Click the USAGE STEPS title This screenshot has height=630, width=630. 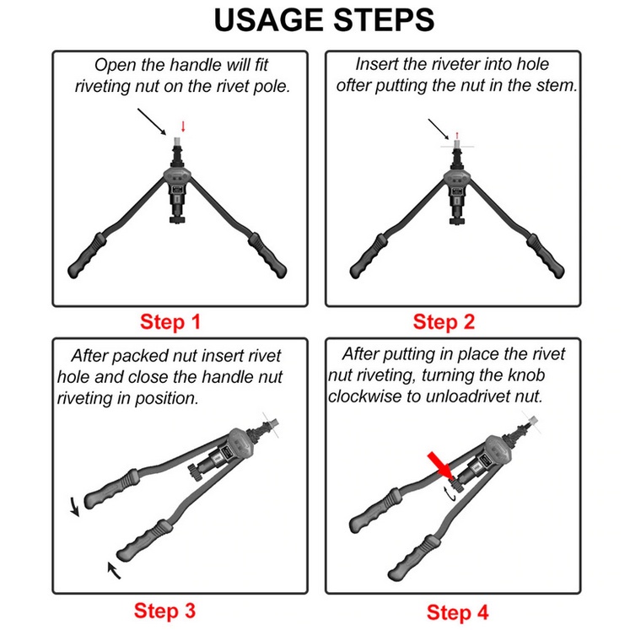[324, 19]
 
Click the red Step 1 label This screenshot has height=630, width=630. [170, 322]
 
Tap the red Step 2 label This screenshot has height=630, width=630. [444, 322]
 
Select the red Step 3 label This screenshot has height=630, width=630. [164, 611]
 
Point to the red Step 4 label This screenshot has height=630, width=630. [458, 612]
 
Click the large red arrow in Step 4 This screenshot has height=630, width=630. [440, 466]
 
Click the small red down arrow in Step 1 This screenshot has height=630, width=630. [183, 127]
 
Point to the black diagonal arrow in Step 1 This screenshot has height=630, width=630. [152, 121]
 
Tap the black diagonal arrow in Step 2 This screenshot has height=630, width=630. [440, 129]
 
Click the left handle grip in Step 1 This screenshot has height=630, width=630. [87, 256]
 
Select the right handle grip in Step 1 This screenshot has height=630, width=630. [267, 255]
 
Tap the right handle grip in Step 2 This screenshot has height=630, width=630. [546, 256]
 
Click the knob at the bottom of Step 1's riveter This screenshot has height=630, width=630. [176, 220]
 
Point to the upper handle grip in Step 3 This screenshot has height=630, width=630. [111, 489]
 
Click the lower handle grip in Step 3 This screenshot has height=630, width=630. [145, 541]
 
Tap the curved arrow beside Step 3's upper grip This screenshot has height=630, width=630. [74, 506]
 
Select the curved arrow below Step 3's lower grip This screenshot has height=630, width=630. [114, 570]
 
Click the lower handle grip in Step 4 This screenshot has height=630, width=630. [414, 557]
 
